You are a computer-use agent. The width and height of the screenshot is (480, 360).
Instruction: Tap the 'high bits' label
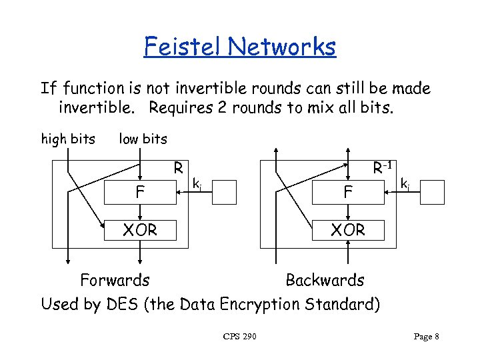(x=68, y=139)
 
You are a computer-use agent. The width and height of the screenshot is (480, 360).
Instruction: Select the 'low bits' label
(x=143, y=139)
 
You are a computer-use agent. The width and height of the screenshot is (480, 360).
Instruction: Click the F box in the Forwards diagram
(x=140, y=193)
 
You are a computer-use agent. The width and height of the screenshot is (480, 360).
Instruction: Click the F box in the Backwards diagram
(x=347, y=193)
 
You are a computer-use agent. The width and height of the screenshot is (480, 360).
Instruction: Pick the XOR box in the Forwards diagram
(x=140, y=230)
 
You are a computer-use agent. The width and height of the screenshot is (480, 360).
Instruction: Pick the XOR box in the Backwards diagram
(x=347, y=230)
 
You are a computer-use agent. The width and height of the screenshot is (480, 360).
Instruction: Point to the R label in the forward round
(x=179, y=167)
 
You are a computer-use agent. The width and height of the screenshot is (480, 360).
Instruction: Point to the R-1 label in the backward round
(x=382, y=167)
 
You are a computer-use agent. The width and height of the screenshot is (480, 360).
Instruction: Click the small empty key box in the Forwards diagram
(x=225, y=192)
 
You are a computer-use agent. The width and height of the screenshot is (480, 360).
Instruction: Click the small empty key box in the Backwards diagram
(x=432, y=192)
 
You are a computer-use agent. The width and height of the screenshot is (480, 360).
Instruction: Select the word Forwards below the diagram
(x=115, y=280)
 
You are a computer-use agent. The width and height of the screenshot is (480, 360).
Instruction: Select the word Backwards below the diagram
(x=325, y=280)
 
